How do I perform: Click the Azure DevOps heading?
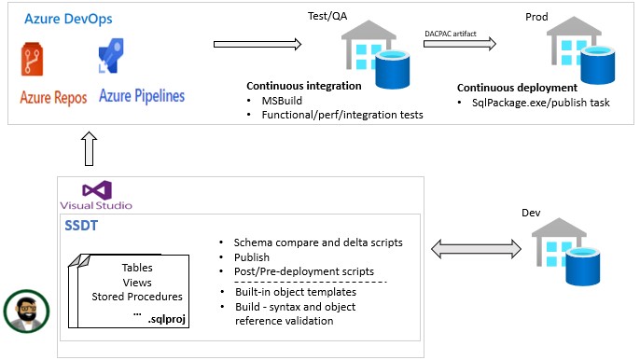click(68, 19)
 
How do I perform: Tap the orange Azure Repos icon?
click(32, 59)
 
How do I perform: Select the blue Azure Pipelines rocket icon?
click(111, 56)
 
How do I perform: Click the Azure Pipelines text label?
click(142, 96)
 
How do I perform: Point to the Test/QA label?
click(327, 16)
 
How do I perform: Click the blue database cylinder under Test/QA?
click(392, 69)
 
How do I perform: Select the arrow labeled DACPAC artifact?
click(460, 43)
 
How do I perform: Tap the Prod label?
click(536, 17)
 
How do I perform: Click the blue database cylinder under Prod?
click(597, 64)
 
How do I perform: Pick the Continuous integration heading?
click(304, 86)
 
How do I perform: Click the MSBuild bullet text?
click(282, 101)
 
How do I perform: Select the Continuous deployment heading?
click(517, 88)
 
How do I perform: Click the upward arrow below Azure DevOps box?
click(89, 148)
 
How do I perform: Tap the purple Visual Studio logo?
click(97, 190)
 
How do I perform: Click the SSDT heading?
click(81, 226)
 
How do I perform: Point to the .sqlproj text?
click(166, 319)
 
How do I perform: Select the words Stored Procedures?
click(137, 297)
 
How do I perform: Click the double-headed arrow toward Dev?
click(476, 249)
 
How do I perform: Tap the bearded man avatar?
click(26, 311)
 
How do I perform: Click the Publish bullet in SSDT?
click(252, 257)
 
